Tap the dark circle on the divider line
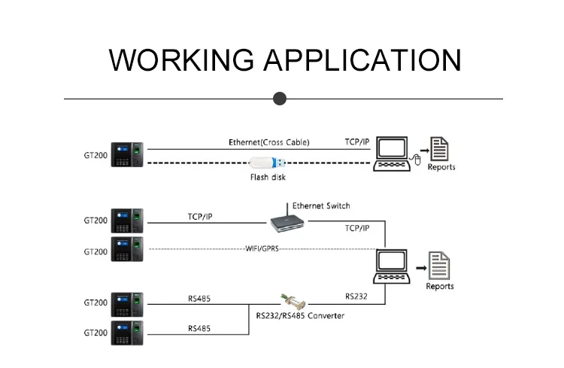click(x=280, y=98)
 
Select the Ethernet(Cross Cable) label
click(x=268, y=141)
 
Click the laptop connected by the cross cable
click(x=391, y=154)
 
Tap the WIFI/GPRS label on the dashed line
click(x=262, y=248)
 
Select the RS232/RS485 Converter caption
click(x=300, y=316)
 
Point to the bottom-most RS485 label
click(x=199, y=328)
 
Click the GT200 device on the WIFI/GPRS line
click(x=126, y=249)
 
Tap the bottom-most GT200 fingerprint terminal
click(x=126, y=333)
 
